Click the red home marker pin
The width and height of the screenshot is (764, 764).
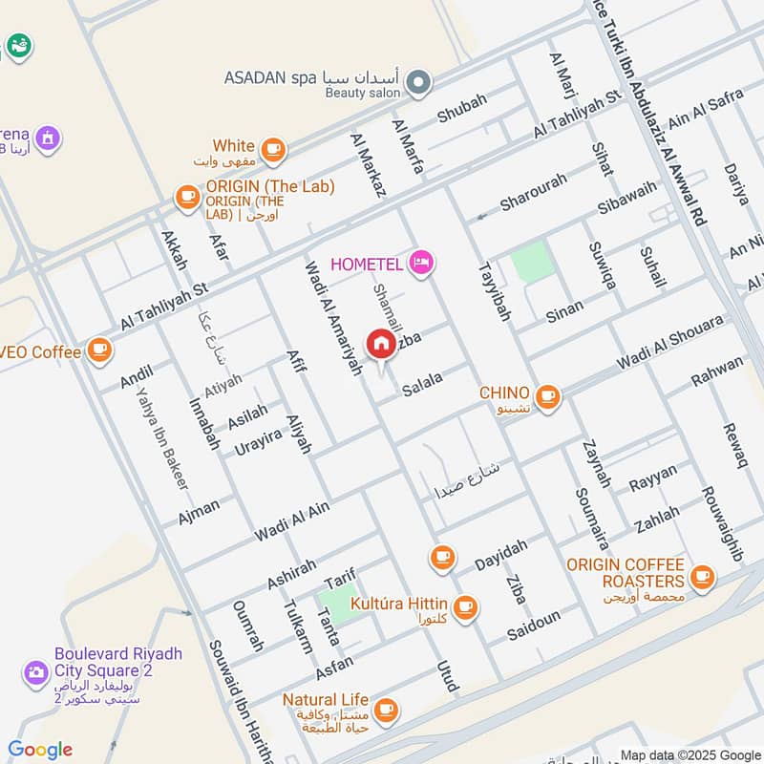(x=381, y=345)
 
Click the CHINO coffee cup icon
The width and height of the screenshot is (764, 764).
(x=547, y=395)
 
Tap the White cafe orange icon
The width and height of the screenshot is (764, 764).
(x=273, y=148)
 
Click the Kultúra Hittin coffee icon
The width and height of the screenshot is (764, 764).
(x=465, y=606)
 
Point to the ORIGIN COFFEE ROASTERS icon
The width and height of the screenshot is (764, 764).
(x=702, y=576)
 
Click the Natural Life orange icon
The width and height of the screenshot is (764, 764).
(x=386, y=709)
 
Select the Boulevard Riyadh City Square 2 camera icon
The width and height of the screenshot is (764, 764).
(x=36, y=672)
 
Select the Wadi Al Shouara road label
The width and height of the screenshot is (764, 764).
(x=669, y=345)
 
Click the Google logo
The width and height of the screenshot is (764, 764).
(x=40, y=750)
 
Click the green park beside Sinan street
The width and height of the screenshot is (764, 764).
(x=532, y=262)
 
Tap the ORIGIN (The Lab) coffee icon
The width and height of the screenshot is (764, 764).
(x=186, y=197)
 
